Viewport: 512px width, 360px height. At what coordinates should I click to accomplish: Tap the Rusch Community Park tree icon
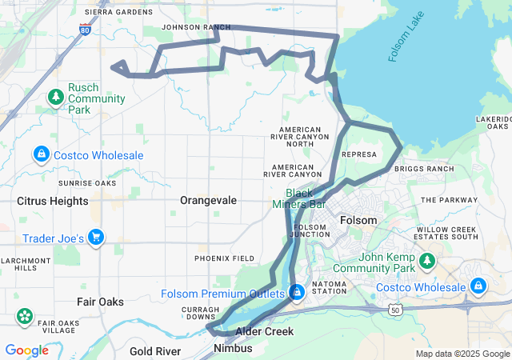(55, 98)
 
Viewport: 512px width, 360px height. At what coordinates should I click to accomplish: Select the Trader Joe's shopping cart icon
(96, 237)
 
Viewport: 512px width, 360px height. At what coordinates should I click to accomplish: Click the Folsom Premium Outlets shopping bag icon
(297, 293)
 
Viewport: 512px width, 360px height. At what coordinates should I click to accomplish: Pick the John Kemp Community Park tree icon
(428, 260)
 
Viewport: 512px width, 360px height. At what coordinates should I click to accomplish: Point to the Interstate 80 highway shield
(86, 30)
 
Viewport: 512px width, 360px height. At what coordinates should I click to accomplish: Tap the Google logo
(26, 350)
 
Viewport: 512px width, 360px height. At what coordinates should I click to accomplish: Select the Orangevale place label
(208, 200)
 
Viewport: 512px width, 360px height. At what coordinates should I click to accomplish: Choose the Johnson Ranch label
(190, 26)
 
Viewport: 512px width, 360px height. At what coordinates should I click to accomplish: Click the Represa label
(358, 154)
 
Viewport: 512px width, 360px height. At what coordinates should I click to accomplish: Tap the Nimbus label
(234, 349)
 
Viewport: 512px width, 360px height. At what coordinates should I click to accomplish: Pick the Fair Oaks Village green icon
(24, 314)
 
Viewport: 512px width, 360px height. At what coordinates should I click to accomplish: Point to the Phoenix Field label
(225, 258)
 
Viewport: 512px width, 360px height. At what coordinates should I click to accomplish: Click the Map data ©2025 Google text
(462, 354)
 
